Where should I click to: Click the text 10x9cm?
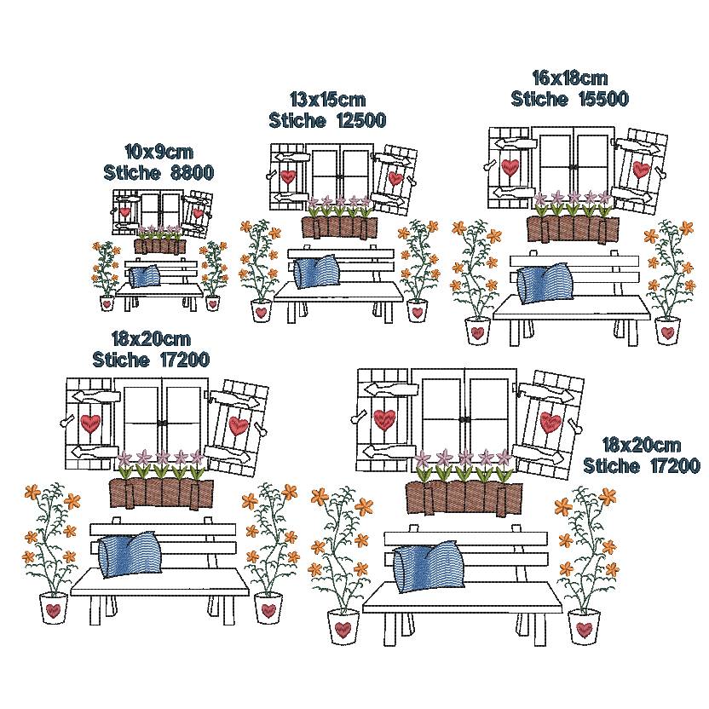[159, 152]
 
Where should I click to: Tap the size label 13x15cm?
[327, 100]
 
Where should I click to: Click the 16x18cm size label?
[569, 78]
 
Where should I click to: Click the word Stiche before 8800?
[132, 173]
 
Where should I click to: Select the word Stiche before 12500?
[297, 120]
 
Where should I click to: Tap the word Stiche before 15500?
[539, 99]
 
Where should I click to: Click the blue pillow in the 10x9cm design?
[145, 276]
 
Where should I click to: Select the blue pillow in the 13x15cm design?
[316, 271]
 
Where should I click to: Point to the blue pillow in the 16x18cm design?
[545, 284]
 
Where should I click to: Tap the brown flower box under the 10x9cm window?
[160, 246]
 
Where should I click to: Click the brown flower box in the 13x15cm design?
[339, 228]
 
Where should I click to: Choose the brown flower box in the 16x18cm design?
[573, 229]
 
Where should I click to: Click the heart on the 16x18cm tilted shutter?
[641, 170]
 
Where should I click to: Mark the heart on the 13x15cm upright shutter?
[288, 176]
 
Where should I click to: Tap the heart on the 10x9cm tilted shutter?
[198, 212]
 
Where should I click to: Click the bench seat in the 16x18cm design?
[572, 308]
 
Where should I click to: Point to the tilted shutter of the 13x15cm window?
[394, 180]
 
